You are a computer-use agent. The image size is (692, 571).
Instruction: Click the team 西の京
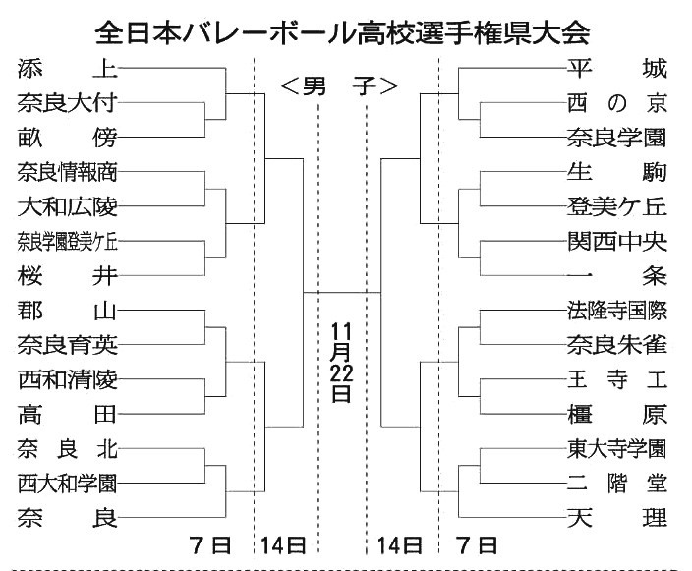tap(617, 102)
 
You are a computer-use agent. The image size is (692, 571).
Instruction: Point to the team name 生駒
tap(617, 172)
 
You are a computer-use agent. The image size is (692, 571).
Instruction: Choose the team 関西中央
tap(617, 241)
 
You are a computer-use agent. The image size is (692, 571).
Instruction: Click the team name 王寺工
tap(617, 379)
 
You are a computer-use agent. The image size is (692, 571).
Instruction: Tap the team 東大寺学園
tap(617, 449)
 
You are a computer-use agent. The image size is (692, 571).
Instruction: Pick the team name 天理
tap(617, 517)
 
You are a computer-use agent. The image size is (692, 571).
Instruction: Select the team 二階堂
tap(617, 483)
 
